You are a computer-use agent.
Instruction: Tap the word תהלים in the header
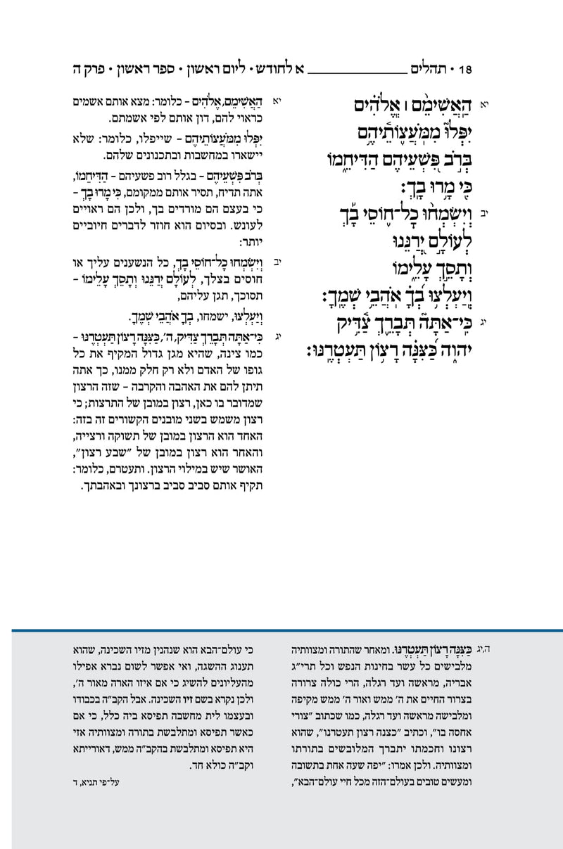[x=431, y=70]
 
